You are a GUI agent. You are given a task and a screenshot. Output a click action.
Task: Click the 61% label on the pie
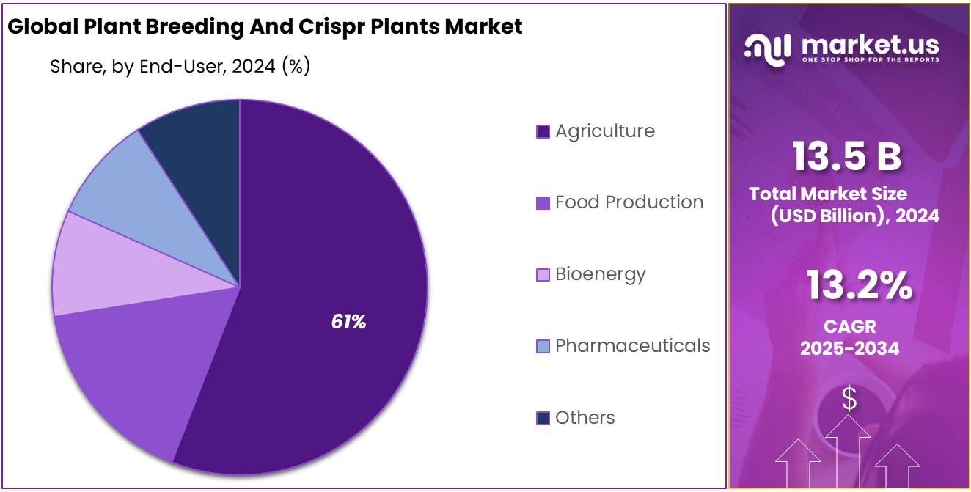(x=348, y=322)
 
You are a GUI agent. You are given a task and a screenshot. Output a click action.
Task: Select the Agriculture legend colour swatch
(x=543, y=132)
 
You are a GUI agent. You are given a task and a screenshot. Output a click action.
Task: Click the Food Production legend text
(x=629, y=202)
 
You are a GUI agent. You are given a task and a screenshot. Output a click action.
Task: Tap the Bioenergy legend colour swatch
(x=543, y=275)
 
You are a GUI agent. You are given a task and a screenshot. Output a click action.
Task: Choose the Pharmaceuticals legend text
(x=632, y=345)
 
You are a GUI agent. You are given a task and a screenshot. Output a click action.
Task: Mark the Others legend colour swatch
(x=543, y=418)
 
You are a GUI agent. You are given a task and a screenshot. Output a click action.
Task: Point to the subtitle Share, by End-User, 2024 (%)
(x=180, y=67)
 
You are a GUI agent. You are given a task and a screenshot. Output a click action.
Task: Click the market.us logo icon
(x=768, y=48)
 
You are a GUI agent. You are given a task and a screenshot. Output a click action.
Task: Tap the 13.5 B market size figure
(x=846, y=156)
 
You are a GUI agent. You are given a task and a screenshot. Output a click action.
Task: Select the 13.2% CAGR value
(x=860, y=286)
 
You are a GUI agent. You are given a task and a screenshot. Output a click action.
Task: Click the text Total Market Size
(x=828, y=194)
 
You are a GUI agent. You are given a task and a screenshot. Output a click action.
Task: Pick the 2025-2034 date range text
(x=849, y=348)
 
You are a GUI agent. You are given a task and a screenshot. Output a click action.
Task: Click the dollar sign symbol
(x=849, y=399)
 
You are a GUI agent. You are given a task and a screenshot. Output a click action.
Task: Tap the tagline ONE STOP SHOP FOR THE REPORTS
(x=870, y=60)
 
